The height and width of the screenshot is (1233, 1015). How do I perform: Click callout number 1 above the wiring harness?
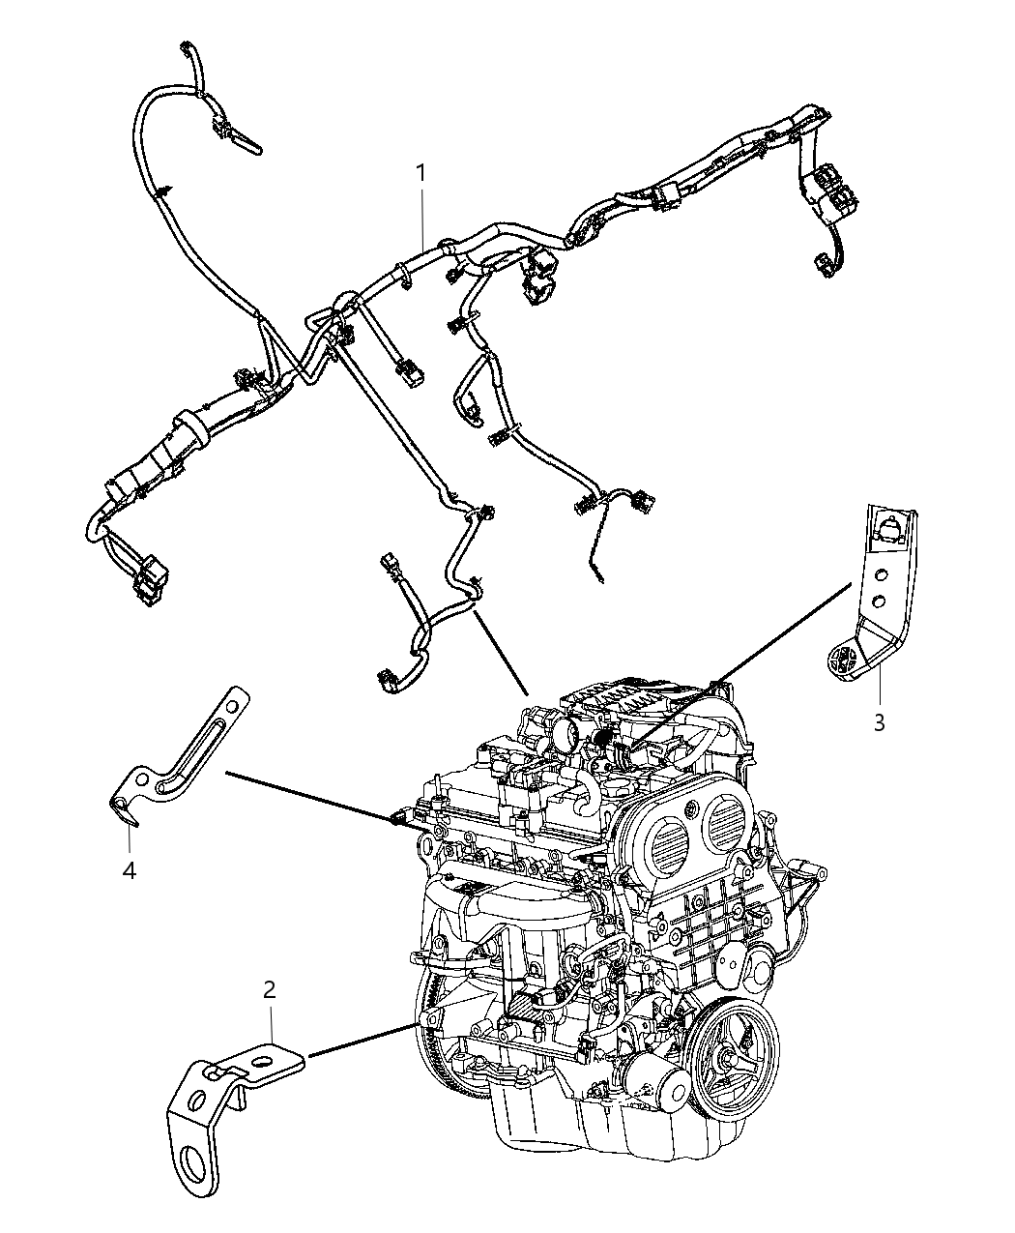[x=420, y=173]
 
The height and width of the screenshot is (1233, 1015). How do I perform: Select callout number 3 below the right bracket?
[x=879, y=722]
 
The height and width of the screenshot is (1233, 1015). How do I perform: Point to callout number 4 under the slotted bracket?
[x=129, y=870]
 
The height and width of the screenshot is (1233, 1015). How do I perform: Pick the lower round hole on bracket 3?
[x=880, y=601]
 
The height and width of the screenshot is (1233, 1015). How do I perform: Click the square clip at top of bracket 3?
[x=887, y=527]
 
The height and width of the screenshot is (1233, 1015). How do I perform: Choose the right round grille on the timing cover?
[x=728, y=824]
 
